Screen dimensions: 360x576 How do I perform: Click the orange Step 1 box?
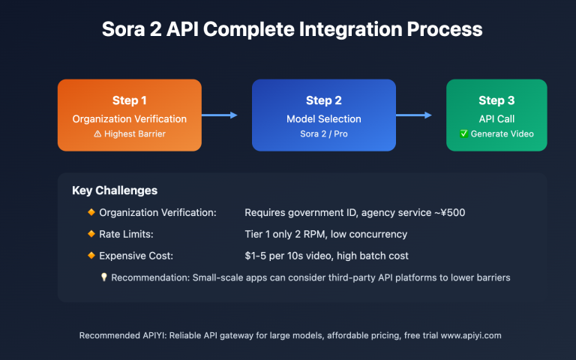pyautogui.click(x=129, y=115)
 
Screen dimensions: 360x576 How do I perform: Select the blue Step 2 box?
pyautogui.click(x=323, y=115)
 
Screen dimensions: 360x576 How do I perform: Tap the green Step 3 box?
pyautogui.click(x=496, y=115)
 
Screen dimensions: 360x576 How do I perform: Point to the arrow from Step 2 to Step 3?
pyautogui.click(x=414, y=115)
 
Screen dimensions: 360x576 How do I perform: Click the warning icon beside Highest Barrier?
pyautogui.click(x=97, y=134)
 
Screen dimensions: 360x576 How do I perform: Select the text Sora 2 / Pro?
pyautogui.click(x=323, y=134)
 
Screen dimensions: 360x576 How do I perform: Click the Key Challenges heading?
pyautogui.click(x=115, y=190)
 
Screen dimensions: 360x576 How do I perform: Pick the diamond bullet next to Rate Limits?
pyautogui.click(x=91, y=234)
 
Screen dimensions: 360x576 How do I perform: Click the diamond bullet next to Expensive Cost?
pyautogui.click(x=91, y=256)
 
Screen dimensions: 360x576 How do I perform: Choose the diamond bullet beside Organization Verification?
pyautogui.click(x=91, y=212)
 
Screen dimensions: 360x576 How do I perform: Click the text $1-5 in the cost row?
pyautogui.click(x=259, y=256)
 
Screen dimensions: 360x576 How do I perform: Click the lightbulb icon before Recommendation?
pyautogui.click(x=104, y=277)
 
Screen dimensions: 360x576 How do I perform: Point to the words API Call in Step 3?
pyautogui.click(x=496, y=118)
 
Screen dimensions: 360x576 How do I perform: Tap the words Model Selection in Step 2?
pyautogui.click(x=323, y=118)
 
